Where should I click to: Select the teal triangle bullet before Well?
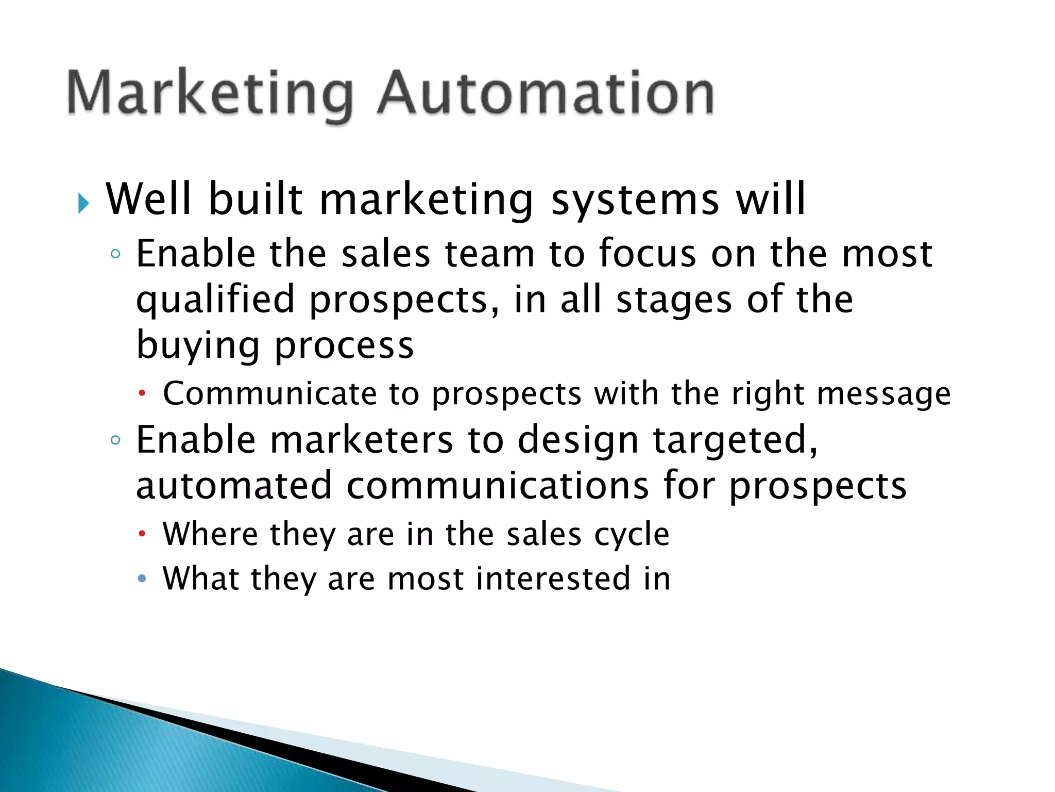(x=83, y=204)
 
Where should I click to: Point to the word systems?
(x=635, y=200)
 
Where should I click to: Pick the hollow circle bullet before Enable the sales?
(x=116, y=254)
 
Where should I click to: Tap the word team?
(x=490, y=254)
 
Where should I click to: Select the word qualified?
(x=215, y=300)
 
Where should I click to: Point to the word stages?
(x=674, y=300)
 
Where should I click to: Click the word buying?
(x=198, y=345)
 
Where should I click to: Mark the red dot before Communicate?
(x=142, y=394)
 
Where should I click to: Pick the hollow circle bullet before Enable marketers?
(x=116, y=440)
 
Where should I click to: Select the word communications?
(x=498, y=486)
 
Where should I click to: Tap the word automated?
(x=234, y=486)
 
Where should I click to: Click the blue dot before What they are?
(x=142, y=579)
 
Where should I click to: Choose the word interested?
(x=553, y=579)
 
